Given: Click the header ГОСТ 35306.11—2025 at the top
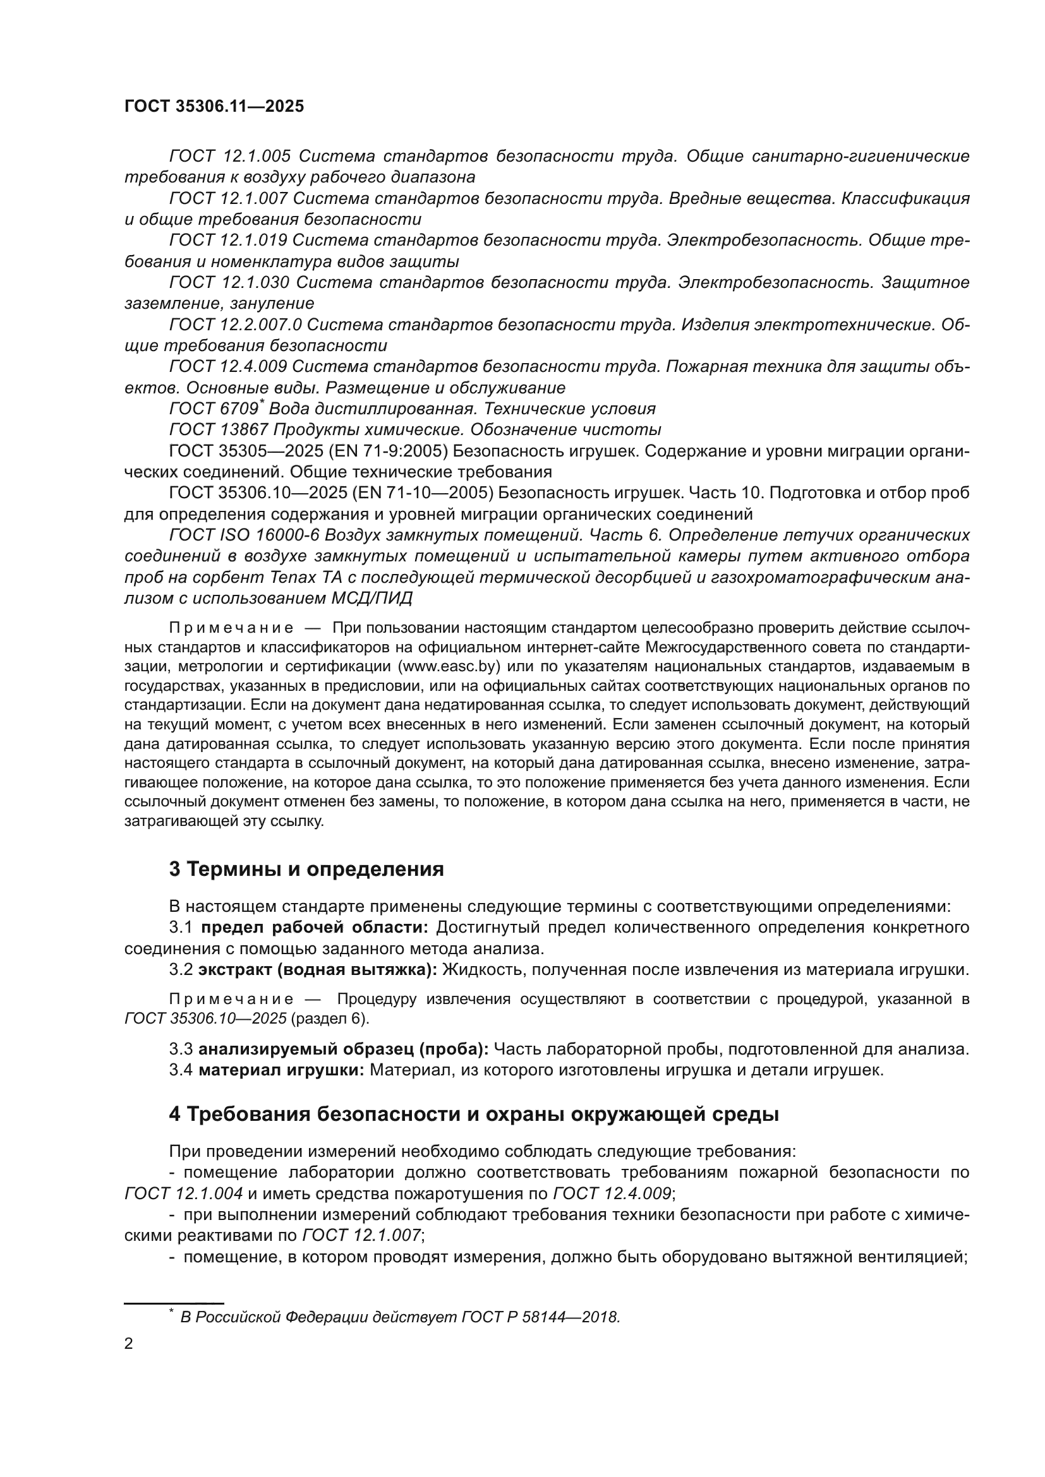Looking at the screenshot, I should [x=214, y=106].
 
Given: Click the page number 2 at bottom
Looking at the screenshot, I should [x=129, y=1344].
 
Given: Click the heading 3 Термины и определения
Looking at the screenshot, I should [x=306, y=869].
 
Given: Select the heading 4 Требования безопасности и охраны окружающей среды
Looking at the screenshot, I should [x=474, y=1114].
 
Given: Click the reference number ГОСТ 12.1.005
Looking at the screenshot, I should [x=230, y=157].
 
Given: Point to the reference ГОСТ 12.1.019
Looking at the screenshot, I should [x=228, y=241].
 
